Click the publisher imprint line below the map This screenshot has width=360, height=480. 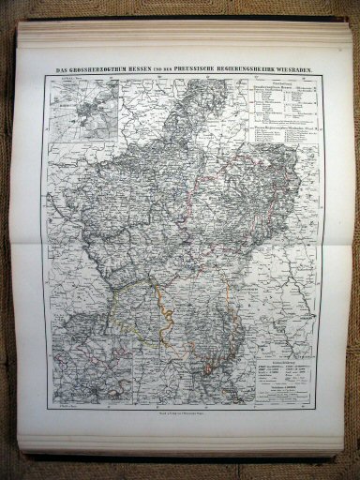click(x=182, y=414)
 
